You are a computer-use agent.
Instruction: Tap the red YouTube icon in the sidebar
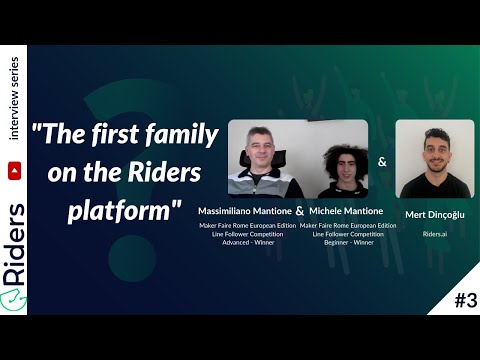coord(15,145)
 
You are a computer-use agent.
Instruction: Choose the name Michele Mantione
coord(345,211)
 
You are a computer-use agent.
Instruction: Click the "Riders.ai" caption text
coord(434,233)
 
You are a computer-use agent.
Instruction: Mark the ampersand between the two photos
coord(382,160)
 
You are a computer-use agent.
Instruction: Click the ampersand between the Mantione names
coord(299,212)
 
